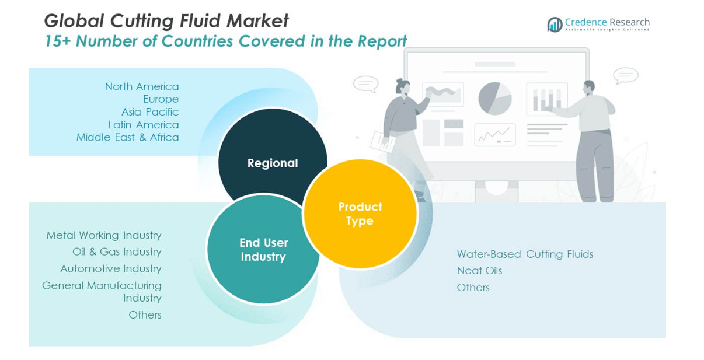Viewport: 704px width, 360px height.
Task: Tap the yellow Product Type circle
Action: [x=360, y=214]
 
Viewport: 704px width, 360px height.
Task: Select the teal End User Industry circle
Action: [x=263, y=250]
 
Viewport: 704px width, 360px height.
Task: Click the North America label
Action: [x=142, y=86]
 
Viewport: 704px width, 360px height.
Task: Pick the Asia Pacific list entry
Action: [x=150, y=111]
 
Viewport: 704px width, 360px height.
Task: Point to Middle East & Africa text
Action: [x=127, y=137]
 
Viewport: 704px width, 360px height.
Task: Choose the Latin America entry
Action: [x=144, y=124]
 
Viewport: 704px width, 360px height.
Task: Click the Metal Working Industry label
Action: [x=104, y=235]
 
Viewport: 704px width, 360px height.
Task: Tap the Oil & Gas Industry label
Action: [x=117, y=251]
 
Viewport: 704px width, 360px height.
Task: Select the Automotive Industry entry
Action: [x=111, y=268]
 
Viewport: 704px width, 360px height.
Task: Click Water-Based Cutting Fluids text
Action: [x=525, y=254]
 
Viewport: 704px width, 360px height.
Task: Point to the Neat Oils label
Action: [x=479, y=270]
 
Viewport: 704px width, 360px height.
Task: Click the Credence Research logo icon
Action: [x=555, y=24]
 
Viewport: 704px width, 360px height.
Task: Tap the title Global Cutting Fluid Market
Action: [x=166, y=21]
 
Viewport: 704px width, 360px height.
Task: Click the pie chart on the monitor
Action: [x=495, y=98]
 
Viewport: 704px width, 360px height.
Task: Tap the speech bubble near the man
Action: [x=625, y=75]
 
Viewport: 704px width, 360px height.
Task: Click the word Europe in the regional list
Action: [x=161, y=99]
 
